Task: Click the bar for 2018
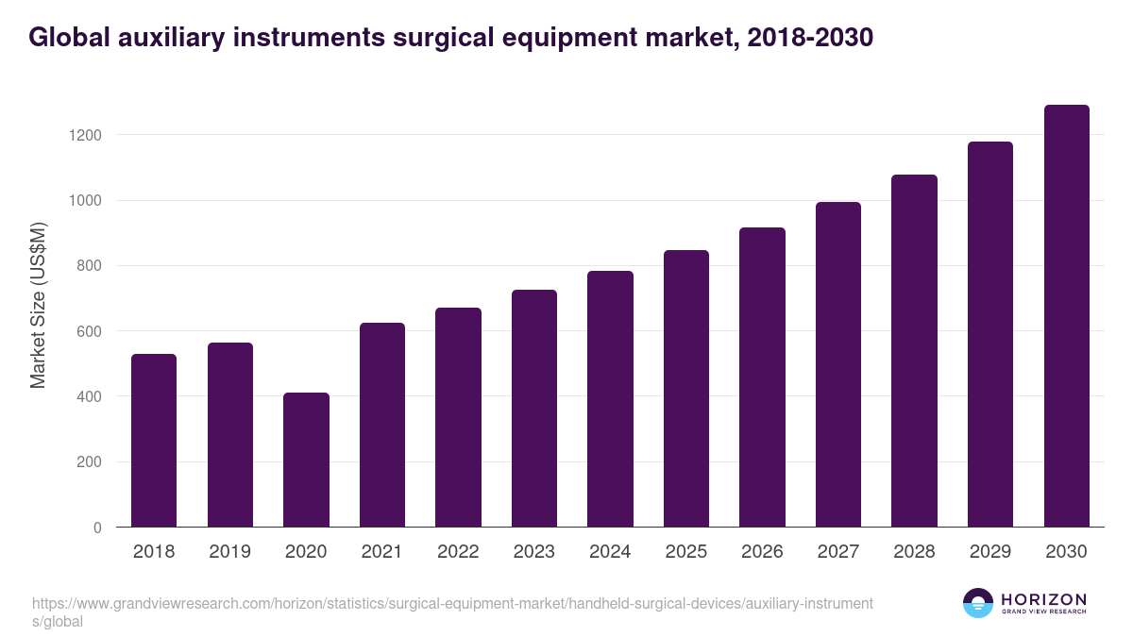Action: [154, 440]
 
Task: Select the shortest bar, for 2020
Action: [306, 460]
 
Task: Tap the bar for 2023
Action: [534, 408]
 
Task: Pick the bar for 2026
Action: [762, 377]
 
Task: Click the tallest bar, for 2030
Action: [1066, 315]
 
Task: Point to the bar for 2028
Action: [914, 350]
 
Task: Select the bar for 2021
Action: [382, 425]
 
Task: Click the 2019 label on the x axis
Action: [229, 552]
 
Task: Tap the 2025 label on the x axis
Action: [686, 552]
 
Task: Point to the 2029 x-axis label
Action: [990, 552]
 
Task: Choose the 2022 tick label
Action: [458, 552]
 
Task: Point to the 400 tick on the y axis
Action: [90, 397]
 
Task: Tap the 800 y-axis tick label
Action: [90, 266]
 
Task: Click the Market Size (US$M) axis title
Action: [38, 304]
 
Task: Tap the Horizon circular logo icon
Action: [978, 603]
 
